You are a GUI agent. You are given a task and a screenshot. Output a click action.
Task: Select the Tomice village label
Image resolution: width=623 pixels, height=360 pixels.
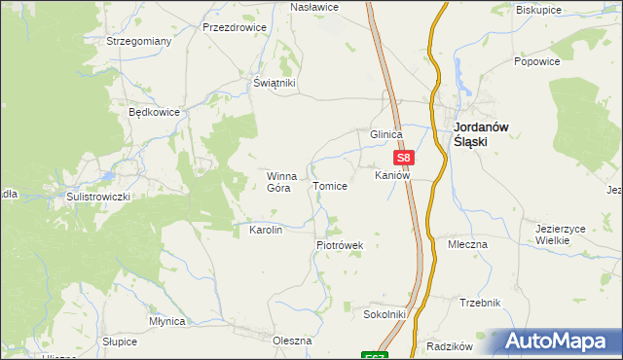(329, 185)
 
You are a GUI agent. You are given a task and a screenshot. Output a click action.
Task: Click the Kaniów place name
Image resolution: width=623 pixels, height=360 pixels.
(392, 175)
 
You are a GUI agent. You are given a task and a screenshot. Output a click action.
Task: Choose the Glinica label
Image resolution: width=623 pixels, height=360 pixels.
(385, 135)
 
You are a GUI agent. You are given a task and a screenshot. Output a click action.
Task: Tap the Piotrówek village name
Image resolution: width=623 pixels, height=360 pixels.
(339, 245)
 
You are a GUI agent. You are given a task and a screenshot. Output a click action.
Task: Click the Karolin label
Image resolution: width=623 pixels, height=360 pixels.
(266, 230)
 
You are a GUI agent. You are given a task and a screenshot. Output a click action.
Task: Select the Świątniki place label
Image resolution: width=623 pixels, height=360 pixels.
(274, 84)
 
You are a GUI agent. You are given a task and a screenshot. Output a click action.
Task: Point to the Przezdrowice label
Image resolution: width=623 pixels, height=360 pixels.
(234, 28)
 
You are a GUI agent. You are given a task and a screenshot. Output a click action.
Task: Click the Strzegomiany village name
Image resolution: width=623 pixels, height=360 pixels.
(139, 42)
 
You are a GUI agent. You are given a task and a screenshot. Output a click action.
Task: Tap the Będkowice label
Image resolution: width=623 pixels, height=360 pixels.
(155, 112)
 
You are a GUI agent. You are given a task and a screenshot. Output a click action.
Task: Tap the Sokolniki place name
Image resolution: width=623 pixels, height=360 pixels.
(384, 315)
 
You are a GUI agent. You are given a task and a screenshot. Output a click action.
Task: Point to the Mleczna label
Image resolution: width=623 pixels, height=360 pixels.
(467, 244)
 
